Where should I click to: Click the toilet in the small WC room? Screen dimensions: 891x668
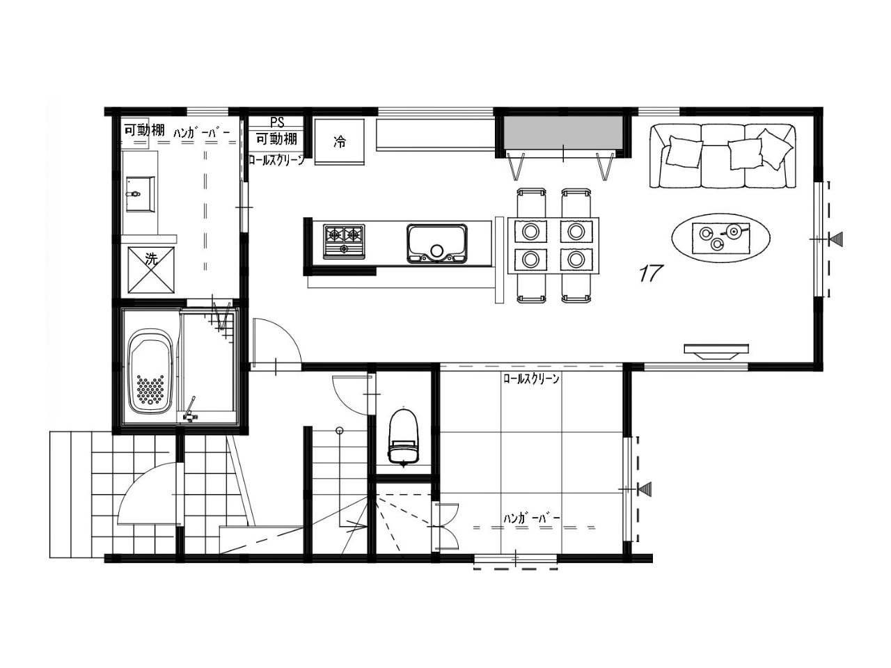click(403, 437)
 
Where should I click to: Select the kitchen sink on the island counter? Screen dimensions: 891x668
click(436, 243)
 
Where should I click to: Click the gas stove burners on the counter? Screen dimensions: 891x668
click(344, 241)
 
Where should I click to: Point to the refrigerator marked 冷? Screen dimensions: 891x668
click(340, 141)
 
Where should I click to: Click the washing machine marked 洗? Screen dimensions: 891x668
click(151, 270)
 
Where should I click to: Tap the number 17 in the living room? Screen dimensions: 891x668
click(651, 273)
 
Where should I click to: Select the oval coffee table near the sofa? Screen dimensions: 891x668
click(720, 239)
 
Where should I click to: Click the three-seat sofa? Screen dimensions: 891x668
click(723, 156)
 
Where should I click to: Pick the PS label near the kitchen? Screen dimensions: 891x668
click(277, 122)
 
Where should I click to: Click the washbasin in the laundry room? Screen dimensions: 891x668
click(140, 194)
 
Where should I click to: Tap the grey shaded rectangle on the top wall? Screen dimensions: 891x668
click(563, 133)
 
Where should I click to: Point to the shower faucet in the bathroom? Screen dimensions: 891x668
click(190, 409)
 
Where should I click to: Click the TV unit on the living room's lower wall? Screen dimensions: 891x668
click(716, 351)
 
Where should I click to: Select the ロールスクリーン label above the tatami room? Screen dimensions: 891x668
click(531, 379)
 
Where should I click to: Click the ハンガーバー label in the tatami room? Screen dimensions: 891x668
click(532, 518)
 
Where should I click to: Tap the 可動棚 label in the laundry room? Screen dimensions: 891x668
click(144, 130)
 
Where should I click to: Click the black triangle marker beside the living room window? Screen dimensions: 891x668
click(836, 239)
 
